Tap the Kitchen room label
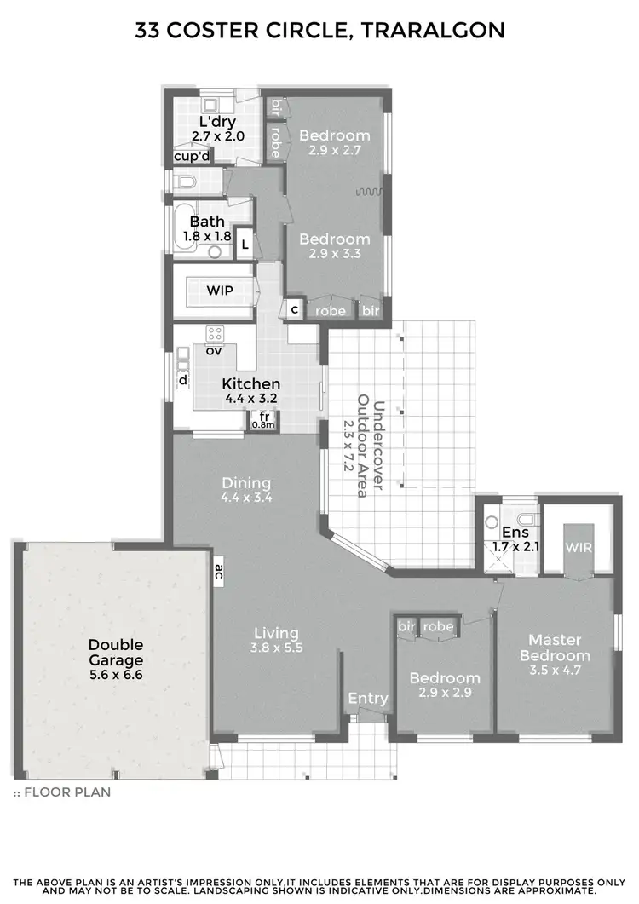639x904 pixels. [x=250, y=384]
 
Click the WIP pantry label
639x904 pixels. [x=219, y=291]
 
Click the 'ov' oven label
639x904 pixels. [x=214, y=350]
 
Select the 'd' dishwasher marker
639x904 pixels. [x=182, y=379]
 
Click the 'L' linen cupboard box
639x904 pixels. [x=245, y=245]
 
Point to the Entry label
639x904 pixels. [x=368, y=699]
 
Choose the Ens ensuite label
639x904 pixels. [x=509, y=533]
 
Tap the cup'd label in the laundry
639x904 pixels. [x=192, y=157]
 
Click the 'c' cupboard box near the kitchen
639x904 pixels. [x=294, y=309]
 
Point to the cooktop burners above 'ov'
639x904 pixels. [x=214, y=333]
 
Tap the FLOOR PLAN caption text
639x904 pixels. [x=66, y=792]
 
